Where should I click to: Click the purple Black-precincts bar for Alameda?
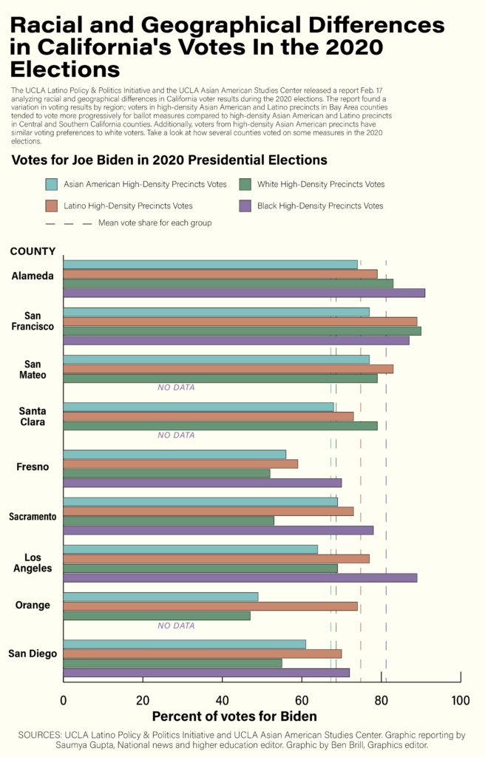point(244,293)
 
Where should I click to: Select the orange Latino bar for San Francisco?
point(240,322)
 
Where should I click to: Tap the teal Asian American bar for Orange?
point(160,597)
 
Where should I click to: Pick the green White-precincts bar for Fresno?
point(166,473)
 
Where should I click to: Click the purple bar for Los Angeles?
point(240,577)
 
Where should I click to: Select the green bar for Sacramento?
point(169,520)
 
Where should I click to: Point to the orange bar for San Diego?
point(203,654)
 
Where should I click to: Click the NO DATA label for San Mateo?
point(176,387)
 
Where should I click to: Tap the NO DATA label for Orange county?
point(176,625)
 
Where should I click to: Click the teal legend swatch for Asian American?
point(52,184)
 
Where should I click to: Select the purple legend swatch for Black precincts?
point(246,206)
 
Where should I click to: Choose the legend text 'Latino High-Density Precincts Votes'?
point(129,206)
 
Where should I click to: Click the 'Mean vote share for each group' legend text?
point(155,223)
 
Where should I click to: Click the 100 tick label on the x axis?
point(460,700)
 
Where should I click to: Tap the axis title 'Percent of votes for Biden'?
point(234,716)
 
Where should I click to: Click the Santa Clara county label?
point(32,417)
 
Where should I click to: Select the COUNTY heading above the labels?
point(33,251)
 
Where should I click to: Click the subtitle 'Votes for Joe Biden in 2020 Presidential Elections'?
point(170,160)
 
